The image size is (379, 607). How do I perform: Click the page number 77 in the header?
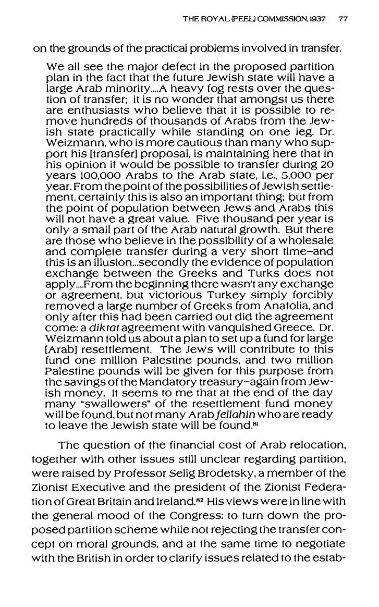(343, 20)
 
